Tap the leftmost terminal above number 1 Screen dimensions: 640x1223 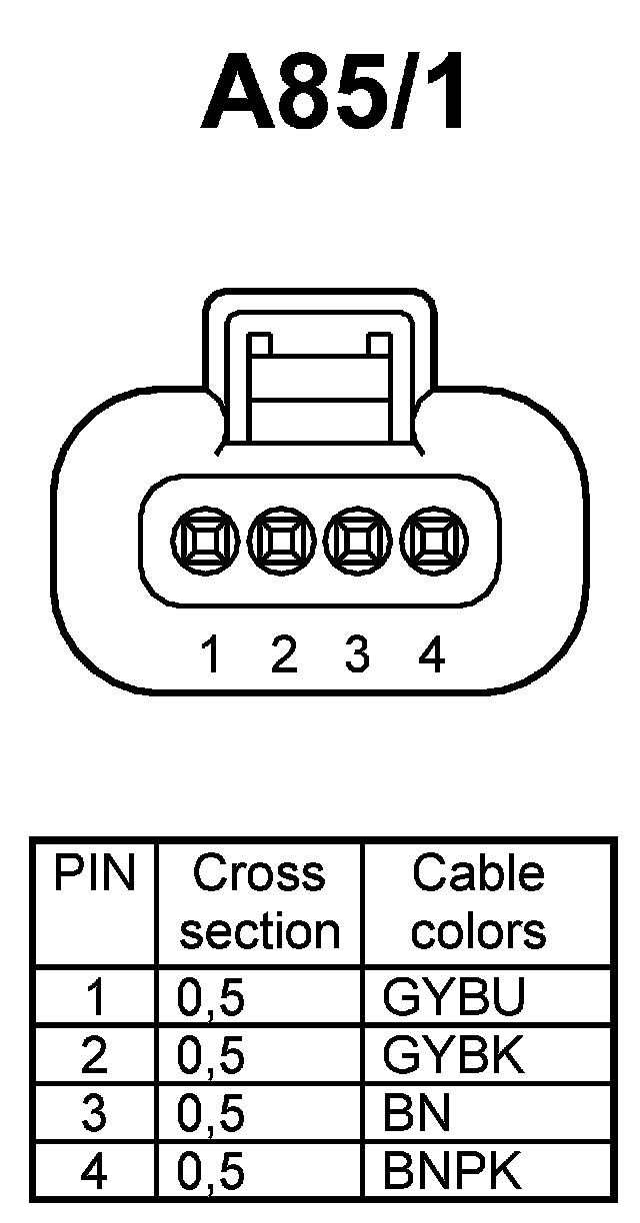(x=208, y=544)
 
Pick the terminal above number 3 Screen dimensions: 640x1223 (x=358, y=544)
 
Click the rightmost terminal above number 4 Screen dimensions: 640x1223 (x=432, y=544)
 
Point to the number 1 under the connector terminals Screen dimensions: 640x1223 (x=210, y=655)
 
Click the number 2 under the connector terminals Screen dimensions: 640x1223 (x=285, y=655)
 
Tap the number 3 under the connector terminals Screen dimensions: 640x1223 (x=357, y=655)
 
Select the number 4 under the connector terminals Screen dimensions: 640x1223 (x=431, y=655)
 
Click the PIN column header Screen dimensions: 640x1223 (x=93, y=874)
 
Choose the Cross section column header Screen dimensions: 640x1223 (x=259, y=902)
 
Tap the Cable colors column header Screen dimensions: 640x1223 (x=478, y=902)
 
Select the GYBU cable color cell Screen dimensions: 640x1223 (x=454, y=997)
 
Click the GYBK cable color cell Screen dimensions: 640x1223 (x=454, y=1055)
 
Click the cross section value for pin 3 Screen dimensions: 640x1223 (x=211, y=1113)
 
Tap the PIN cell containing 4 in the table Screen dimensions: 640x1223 (x=93, y=1171)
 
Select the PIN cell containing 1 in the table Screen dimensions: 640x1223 (x=93, y=997)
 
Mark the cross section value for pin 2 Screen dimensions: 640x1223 (x=211, y=1055)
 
